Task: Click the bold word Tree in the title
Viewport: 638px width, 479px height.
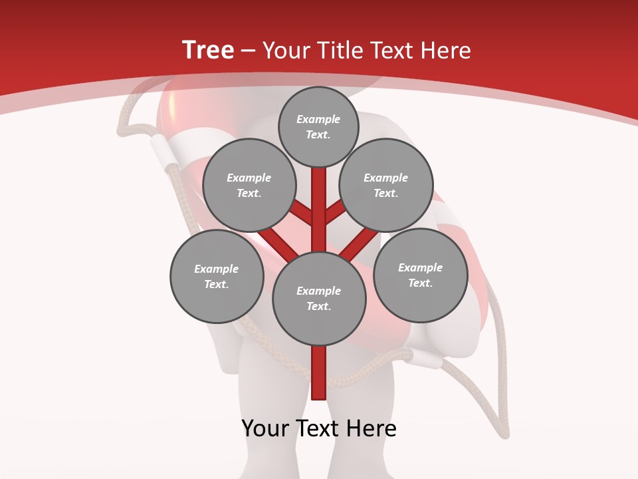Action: click(x=208, y=50)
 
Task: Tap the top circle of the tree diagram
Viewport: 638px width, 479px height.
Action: click(x=318, y=126)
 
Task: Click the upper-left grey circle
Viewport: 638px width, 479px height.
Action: click(x=249, y=185)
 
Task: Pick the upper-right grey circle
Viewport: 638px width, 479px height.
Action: click(x=386, y=185)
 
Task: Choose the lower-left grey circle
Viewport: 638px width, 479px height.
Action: click(x=217, y=276)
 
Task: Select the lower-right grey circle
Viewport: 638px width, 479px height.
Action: click(x=420, y=275)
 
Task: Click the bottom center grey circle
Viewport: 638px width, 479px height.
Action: click(x=319, y=298)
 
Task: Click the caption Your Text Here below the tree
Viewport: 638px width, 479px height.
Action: click(x=319, y=428)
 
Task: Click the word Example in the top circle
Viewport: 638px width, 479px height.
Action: click(x=318, y=119)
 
